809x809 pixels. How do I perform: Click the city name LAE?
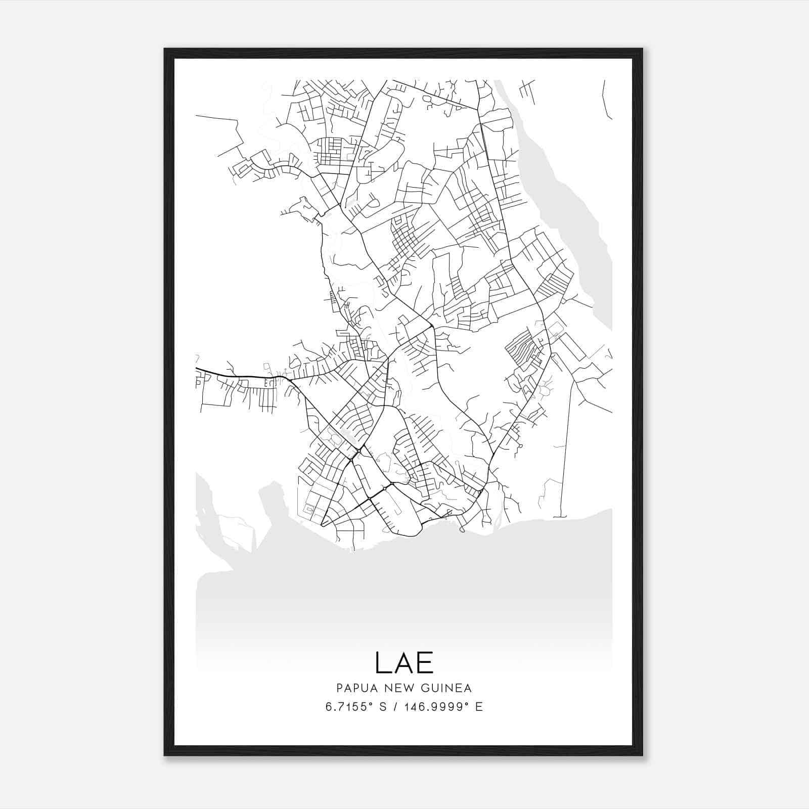(404, 663)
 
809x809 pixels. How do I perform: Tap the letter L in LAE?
(383, 663)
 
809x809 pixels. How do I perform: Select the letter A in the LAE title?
(403, 663)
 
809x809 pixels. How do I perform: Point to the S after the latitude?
(383, 707)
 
